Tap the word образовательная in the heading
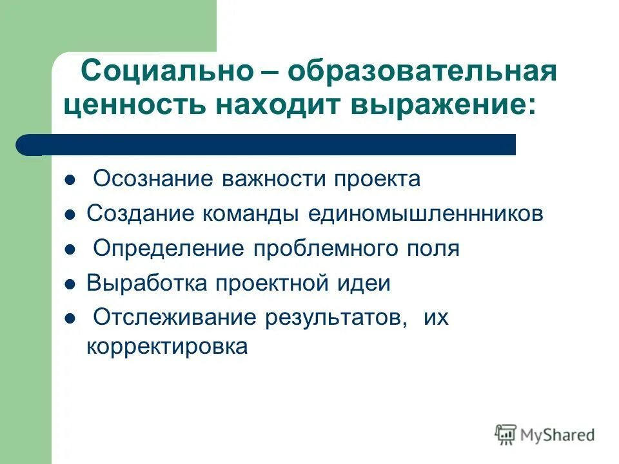pos(422,70)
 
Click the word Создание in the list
pos(140,214)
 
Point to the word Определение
pos(168,249)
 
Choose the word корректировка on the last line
pos(167,347)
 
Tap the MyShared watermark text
pos(558,435)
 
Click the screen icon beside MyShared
pos(506,434)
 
